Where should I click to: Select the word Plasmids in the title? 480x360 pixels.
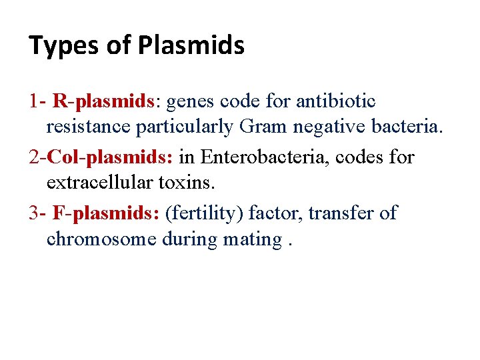pyautogui.click(x=191, y=46)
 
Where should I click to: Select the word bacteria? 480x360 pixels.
pyautogui.click(x=407, y=127)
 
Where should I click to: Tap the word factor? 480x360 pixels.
pyautogui.click(x=271, y=213)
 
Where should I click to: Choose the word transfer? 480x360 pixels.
pyautogui.click(x=336, y=213)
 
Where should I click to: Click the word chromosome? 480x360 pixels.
pyautogui.click(x=101, y=239)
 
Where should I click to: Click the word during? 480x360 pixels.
pyautogui.click(x=191, y=239)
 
